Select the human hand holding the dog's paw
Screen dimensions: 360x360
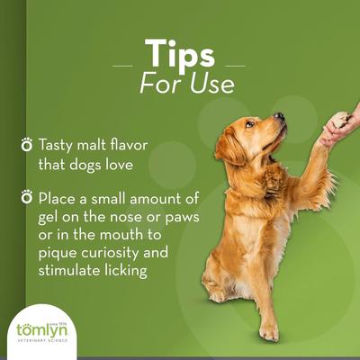[x=339, y=127]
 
